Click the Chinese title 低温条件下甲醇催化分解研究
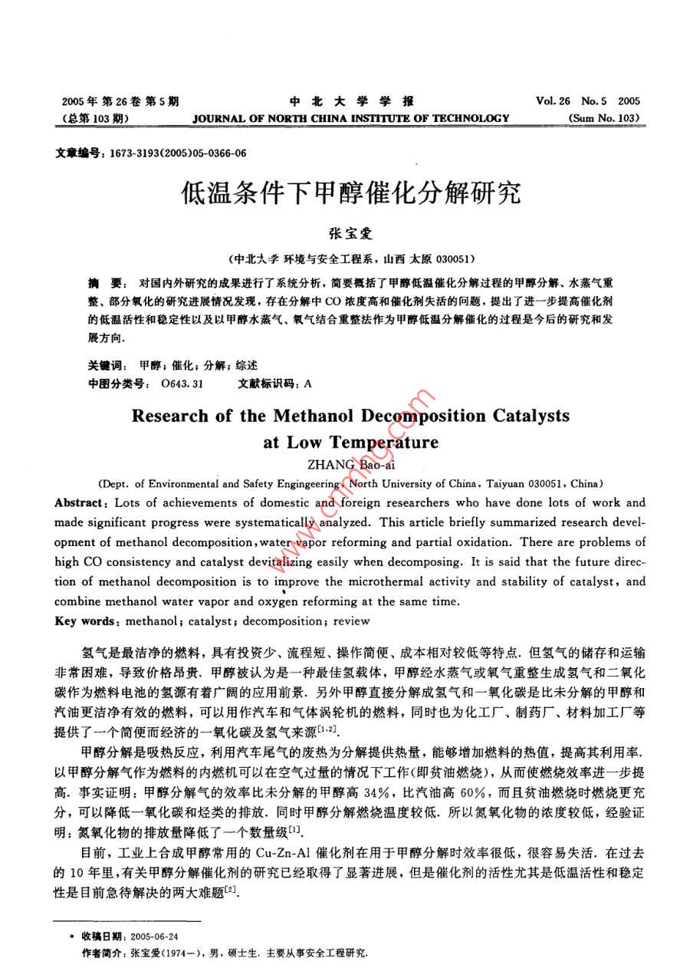tap(350, 192)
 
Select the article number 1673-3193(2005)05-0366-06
tap(179, 153)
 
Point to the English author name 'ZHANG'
tap(331, 464)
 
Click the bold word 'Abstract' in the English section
tap(80, 503)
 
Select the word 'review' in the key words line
tap(352, 621)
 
